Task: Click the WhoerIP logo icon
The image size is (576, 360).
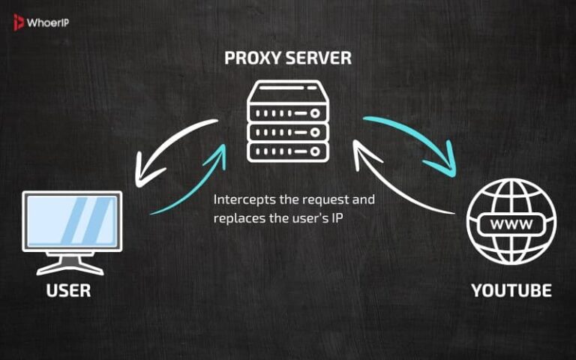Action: tap(18, 22)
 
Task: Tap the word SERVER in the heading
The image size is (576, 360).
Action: tap(318, 58)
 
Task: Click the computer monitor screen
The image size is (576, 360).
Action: tap(72, 220)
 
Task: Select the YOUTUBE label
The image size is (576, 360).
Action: tap(511, 290)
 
